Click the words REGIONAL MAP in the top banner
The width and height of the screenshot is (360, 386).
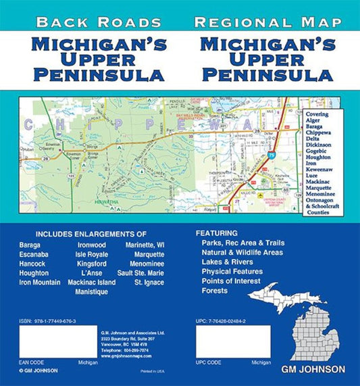269,22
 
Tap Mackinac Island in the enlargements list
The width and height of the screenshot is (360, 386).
92,283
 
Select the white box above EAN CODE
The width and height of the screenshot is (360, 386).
49,341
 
